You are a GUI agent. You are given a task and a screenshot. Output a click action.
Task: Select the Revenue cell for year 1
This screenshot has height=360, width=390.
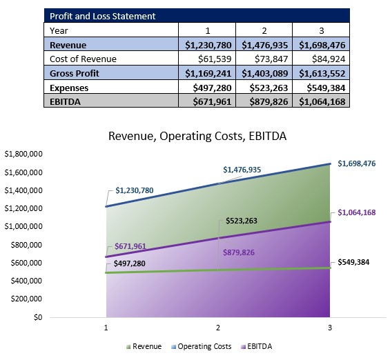click(207, 45)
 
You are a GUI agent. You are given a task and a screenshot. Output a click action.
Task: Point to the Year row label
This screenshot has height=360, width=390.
click(59, 30)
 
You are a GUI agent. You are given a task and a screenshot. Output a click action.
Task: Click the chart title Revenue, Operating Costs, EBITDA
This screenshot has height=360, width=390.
click(197, 137)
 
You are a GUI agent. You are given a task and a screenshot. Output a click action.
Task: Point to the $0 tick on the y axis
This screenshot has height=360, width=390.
click(38, 318)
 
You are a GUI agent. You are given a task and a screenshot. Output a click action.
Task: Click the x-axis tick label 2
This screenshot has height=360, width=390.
click(218, 329)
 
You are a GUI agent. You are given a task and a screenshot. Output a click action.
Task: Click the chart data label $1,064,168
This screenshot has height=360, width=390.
click(356, 212)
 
